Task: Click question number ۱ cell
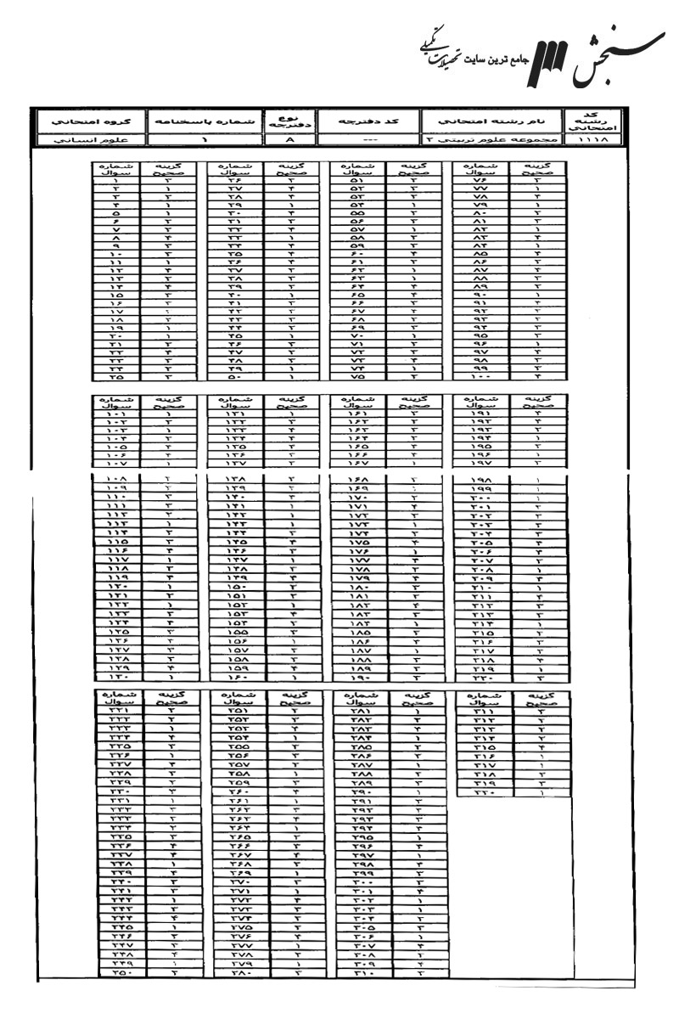[117, 180]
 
